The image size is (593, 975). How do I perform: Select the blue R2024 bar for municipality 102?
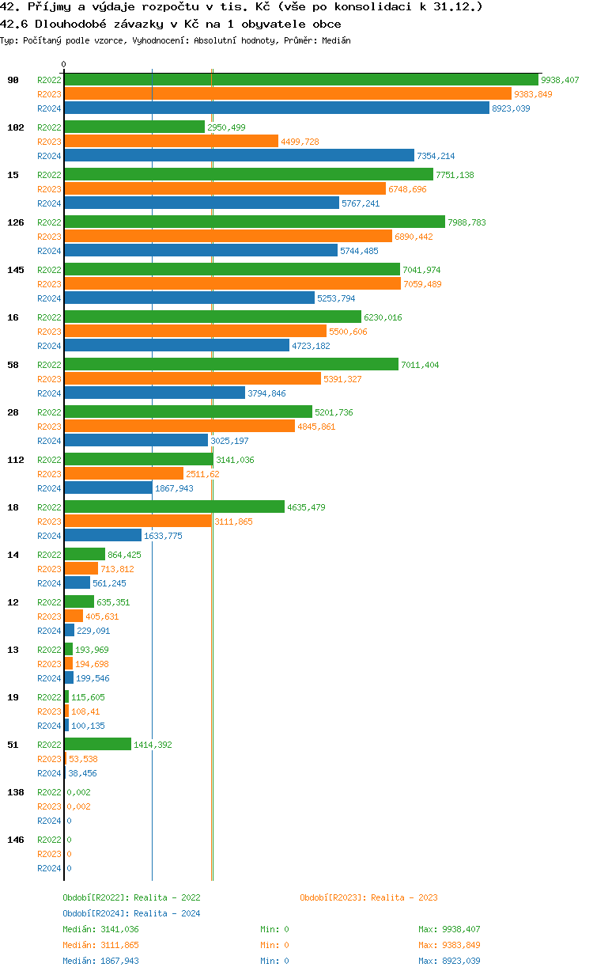pyautogui.click(x=239, y=155)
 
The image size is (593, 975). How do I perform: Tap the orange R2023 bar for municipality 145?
pyautogui.click(x=232, y=283)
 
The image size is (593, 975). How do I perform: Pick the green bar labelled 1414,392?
pyautogui.click(x=97, y=744)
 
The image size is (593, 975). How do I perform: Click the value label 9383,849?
pyautogui.click(x=533, y=94)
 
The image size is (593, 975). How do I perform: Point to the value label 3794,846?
pyautogui.click(x=266, y=393)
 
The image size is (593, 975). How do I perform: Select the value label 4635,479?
pyautogui.click(x=306, y=507)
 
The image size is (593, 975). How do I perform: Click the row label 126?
pyautogui.click(x=15, y=222)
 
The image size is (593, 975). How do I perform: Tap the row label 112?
pyautogui.click(x=15, y=460)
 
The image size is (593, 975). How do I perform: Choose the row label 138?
pyautogui.click(x=15, y=792)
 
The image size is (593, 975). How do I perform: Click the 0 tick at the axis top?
pyautogui.click(x=64, y=64)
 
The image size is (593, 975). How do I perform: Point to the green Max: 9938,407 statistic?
pyautogui.click(x=449, y=929)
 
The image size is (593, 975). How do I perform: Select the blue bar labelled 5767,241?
pyautogui.click(x=201, y=203)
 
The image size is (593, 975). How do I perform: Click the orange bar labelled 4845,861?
pyautogui.click(x=179, y=426)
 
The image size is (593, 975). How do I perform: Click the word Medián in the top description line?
pyautogui.click(x=336, y=40)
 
